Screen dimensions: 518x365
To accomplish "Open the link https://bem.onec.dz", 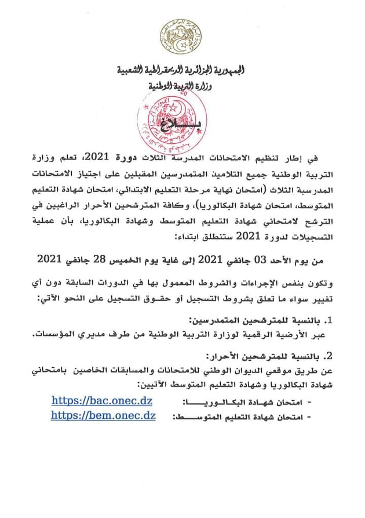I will pos(104,415).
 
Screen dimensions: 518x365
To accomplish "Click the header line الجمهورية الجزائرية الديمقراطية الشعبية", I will pos(182,71).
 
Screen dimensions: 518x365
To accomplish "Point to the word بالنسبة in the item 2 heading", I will pos(293,356).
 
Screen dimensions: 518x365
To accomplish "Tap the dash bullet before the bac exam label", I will pos(308,402).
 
